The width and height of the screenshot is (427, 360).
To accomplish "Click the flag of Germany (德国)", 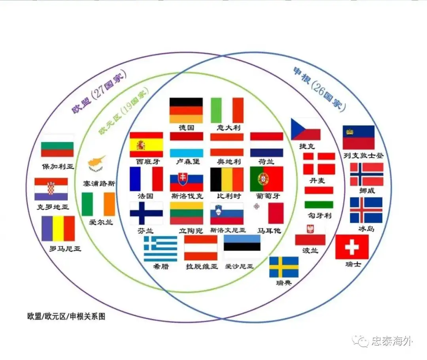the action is tap(186, 110).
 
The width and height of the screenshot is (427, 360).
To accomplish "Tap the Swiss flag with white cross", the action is tap(351, 247).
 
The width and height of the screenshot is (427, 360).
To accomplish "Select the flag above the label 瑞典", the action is tap(283, 267).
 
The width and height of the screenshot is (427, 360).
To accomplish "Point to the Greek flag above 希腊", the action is tap(160, 249).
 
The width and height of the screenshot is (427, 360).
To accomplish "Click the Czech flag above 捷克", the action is tap(306, 129).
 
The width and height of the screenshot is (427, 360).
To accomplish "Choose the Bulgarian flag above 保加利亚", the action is tap(57, 149).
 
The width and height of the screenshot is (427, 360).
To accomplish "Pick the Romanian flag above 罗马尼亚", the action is tap(58, 228).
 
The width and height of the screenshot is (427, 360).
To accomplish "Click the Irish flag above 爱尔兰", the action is tap(98, 204).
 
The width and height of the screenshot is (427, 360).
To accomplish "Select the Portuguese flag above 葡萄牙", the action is tap(266, 179).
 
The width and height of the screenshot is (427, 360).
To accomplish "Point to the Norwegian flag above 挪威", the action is tap(367, 174).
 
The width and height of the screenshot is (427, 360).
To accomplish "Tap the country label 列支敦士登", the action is tap(363, 155).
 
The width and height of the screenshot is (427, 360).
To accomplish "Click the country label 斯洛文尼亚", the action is tap(228, 230).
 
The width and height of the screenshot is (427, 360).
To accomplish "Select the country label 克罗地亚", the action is tap(52, 207).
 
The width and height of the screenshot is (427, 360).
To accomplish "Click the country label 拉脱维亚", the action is tap(202, 266).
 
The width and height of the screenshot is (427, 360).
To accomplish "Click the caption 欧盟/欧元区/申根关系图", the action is tap(66, 317).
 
